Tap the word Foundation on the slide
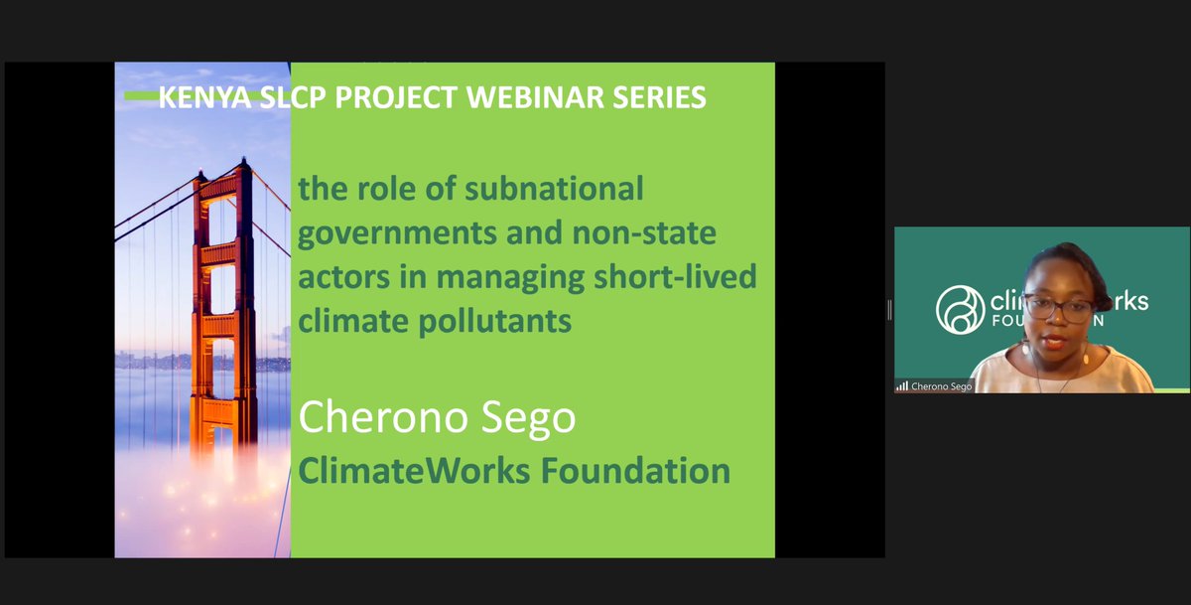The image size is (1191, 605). (x=635, y=470)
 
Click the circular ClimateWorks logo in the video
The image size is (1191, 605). (x=960, y=309)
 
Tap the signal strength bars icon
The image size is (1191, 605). (x=901, y=385)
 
